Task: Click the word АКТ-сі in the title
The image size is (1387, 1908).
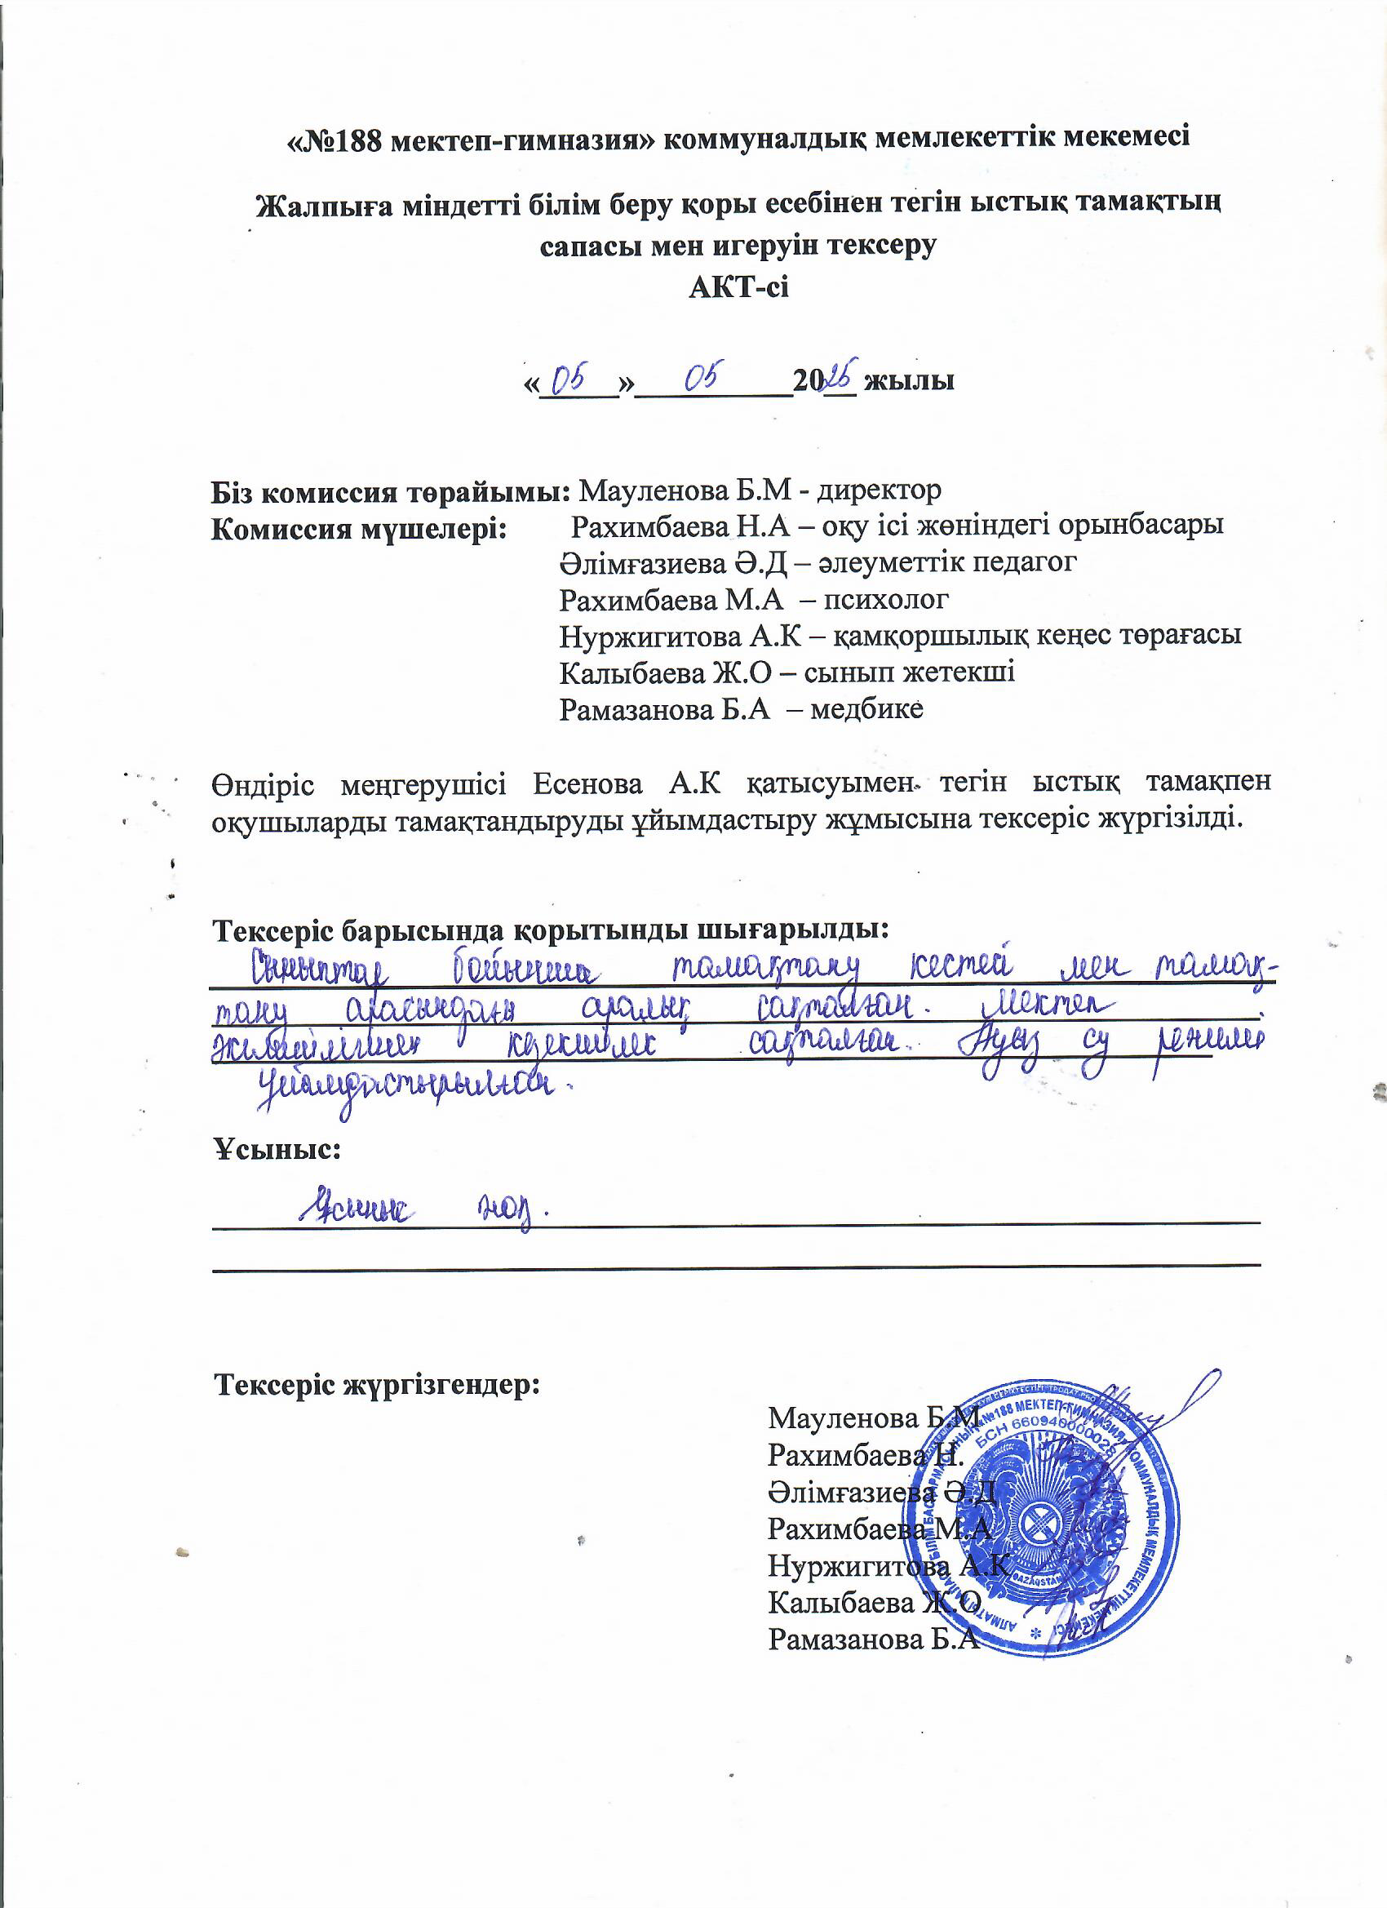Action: [738, 288]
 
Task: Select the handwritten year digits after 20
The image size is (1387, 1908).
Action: [840, 376]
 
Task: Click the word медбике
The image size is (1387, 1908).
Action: [867, 708]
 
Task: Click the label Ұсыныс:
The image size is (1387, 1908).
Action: [277, 1149]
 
